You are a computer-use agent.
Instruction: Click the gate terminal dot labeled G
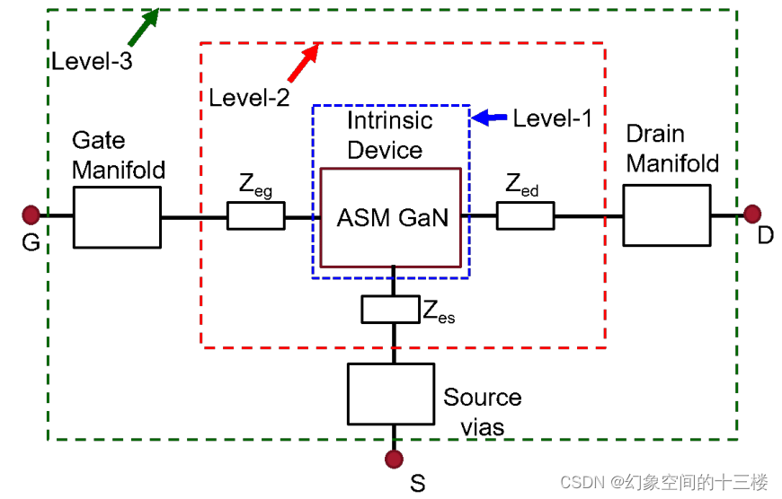click(31, 214)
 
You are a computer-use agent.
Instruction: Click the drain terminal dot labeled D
click(752, 214)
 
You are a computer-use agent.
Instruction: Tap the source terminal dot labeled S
click(393, 460)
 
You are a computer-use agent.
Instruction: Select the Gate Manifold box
click(117, 216)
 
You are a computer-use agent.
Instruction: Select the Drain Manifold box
click(666, 215)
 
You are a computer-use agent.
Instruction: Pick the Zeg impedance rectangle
click(256, 215)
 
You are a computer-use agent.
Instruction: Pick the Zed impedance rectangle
click(525, 215)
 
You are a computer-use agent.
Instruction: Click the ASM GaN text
click(392, 218)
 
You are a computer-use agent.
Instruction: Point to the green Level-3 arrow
click(145, 26)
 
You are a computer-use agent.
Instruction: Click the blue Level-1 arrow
click(489, 117)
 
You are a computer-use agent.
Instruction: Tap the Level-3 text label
click(92, 61)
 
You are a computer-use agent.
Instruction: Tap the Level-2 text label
click(249, 98)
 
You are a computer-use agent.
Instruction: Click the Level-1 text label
click(552, 118)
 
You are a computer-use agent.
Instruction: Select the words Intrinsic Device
click(389, 135)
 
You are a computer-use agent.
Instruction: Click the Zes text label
click(438, 311)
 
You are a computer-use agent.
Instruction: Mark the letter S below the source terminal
click(417, 484)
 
